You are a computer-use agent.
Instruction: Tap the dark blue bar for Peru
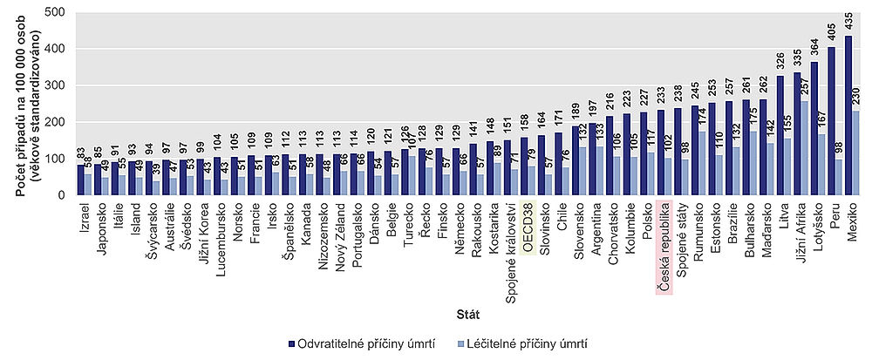click(831, 121)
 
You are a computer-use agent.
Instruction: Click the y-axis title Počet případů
click(21, 103)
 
